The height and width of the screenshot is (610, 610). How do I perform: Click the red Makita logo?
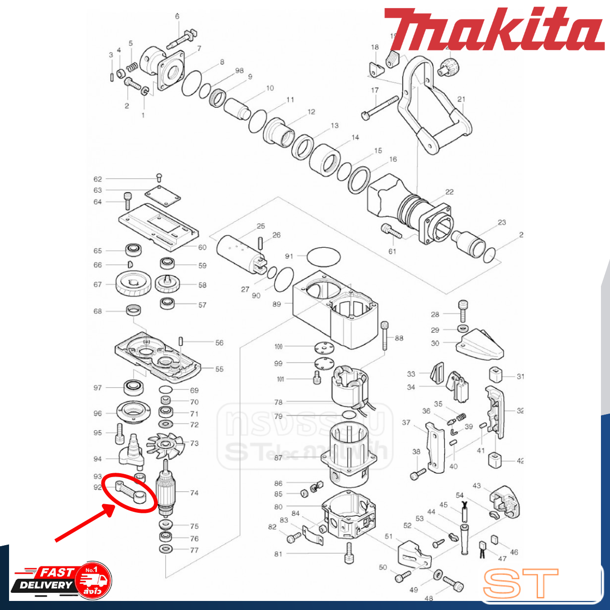[493, 30]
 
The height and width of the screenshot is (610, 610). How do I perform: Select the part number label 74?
[194, 493]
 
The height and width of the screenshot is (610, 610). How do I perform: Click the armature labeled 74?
[166, 491]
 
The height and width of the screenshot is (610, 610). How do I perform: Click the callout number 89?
[276, 304]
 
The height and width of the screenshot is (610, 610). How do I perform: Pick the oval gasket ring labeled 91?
[324, 257]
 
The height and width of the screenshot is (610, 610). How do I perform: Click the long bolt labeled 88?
[385, 336]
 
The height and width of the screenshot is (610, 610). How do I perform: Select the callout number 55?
[219, 369]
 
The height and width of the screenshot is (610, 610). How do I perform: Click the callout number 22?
[449, 192]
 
